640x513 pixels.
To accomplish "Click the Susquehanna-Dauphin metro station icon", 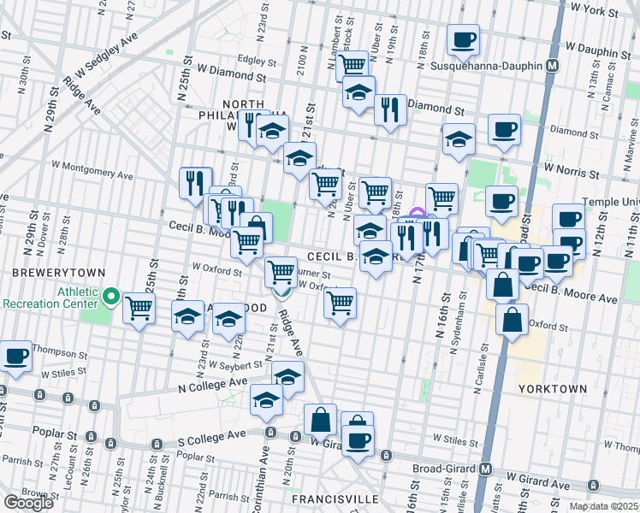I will [x=554, y=65].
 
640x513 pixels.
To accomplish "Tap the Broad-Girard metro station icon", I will [x=485, y=469].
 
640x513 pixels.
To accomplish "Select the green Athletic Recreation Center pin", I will [x=110, y=297].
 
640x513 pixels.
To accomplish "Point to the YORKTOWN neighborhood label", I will [x=553, y=388].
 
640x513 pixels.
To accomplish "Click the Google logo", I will [x=28, y=502].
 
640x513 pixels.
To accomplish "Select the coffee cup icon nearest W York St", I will [x=463, y=38].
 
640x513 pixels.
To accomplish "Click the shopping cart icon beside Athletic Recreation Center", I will [x=139, y=308].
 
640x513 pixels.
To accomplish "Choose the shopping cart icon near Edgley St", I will [x=352, y=65].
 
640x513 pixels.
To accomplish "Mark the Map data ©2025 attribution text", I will [x=604, y=506].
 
